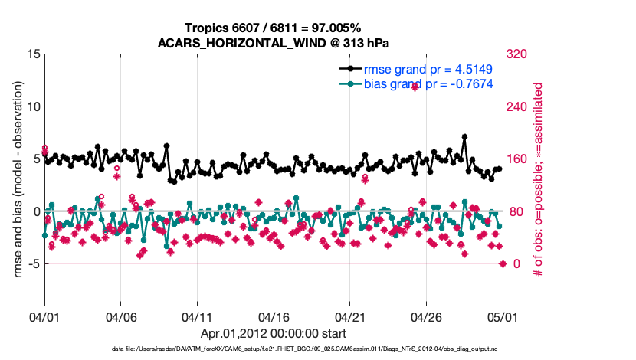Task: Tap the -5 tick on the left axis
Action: tap(32, 263)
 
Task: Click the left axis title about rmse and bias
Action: tap(16, 180)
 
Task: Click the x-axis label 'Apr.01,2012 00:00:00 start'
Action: tap(274, 333)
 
